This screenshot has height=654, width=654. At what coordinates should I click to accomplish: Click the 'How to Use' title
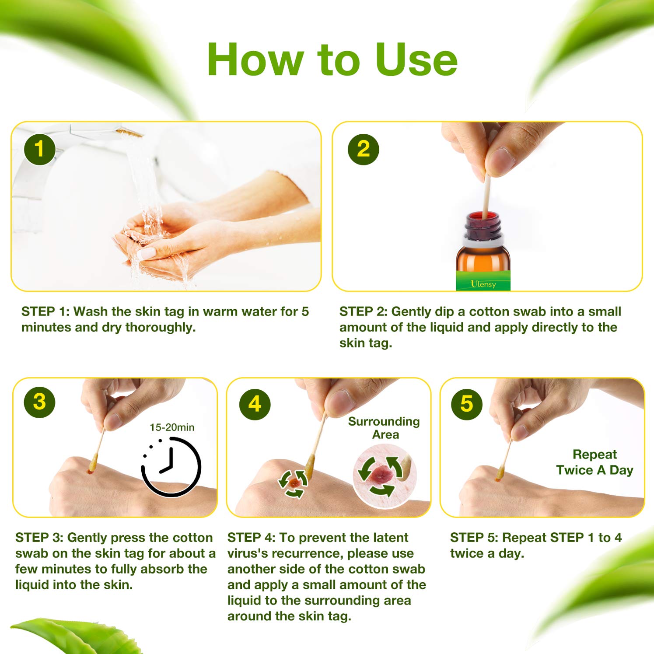coord(332,59)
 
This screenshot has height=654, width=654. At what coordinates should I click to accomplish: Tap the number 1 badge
coord(40,149)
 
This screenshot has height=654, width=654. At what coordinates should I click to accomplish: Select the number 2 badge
coord(363,149)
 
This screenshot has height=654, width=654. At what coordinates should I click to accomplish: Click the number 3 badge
coord(39,402)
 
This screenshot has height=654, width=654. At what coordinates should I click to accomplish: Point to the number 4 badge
coord(255,404)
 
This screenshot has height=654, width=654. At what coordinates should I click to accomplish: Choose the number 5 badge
coord(466,404)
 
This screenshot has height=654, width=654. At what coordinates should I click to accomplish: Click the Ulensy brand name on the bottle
coord(483,284)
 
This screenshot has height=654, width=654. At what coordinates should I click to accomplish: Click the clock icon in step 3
coord(171,466)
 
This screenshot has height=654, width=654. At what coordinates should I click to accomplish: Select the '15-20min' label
coord(172,427)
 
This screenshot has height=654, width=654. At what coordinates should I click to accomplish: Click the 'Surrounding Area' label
coord(384,428)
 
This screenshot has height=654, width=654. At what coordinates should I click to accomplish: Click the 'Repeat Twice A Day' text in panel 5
coord(595,462)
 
